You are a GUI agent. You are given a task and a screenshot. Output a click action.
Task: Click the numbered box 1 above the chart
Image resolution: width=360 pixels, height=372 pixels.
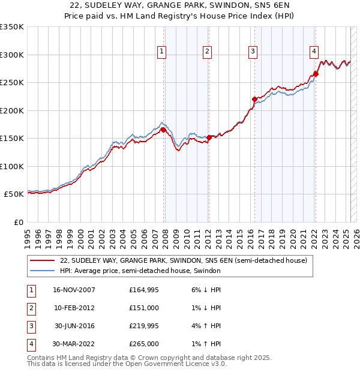coord(162,52)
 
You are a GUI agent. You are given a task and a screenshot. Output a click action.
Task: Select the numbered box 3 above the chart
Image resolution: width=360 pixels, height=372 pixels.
coord(253,52)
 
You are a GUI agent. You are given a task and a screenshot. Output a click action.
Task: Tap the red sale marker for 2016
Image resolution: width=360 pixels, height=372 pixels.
coord(254,99)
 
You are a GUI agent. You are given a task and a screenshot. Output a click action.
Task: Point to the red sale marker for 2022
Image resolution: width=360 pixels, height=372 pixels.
coord(316,74)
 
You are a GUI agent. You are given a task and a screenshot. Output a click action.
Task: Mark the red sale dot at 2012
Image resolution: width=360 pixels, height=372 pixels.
coord(209,137)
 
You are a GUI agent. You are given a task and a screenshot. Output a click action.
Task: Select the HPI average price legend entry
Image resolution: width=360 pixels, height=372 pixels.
coord(140,271)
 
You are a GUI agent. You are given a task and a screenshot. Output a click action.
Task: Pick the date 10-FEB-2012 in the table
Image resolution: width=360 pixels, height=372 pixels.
coord(74,308)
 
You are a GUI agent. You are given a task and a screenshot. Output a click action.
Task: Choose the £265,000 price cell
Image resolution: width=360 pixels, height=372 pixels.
coord(144,344)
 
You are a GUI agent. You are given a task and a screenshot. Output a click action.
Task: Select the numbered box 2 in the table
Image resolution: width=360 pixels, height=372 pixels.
coord(30,308)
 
